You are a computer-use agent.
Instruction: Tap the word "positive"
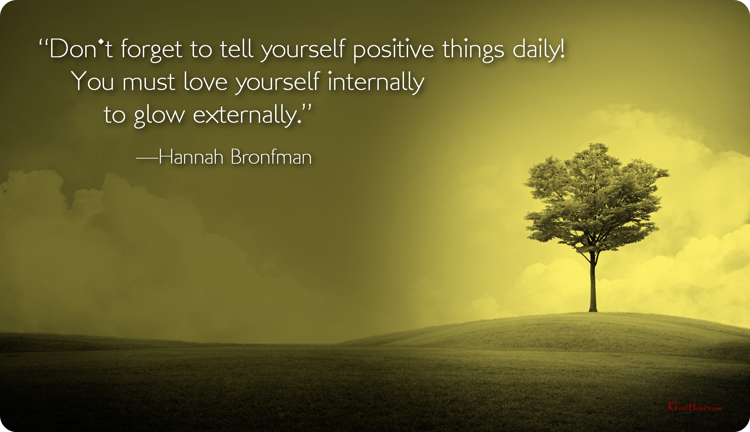click(x=393, y=50)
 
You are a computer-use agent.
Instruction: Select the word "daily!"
click(x=539, y=50)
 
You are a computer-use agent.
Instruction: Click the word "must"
click(x=149, y=82)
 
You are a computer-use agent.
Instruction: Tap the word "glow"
click(x=159, y=116)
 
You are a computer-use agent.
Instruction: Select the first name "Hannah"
click(x=191, y=157)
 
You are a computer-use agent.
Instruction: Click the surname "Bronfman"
click(x=271, y=157)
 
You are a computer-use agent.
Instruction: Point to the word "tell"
click(x=237, y=49)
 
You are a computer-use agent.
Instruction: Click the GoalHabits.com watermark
click(x=695, y=406)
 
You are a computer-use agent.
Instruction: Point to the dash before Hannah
click(x=147, y=158)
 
